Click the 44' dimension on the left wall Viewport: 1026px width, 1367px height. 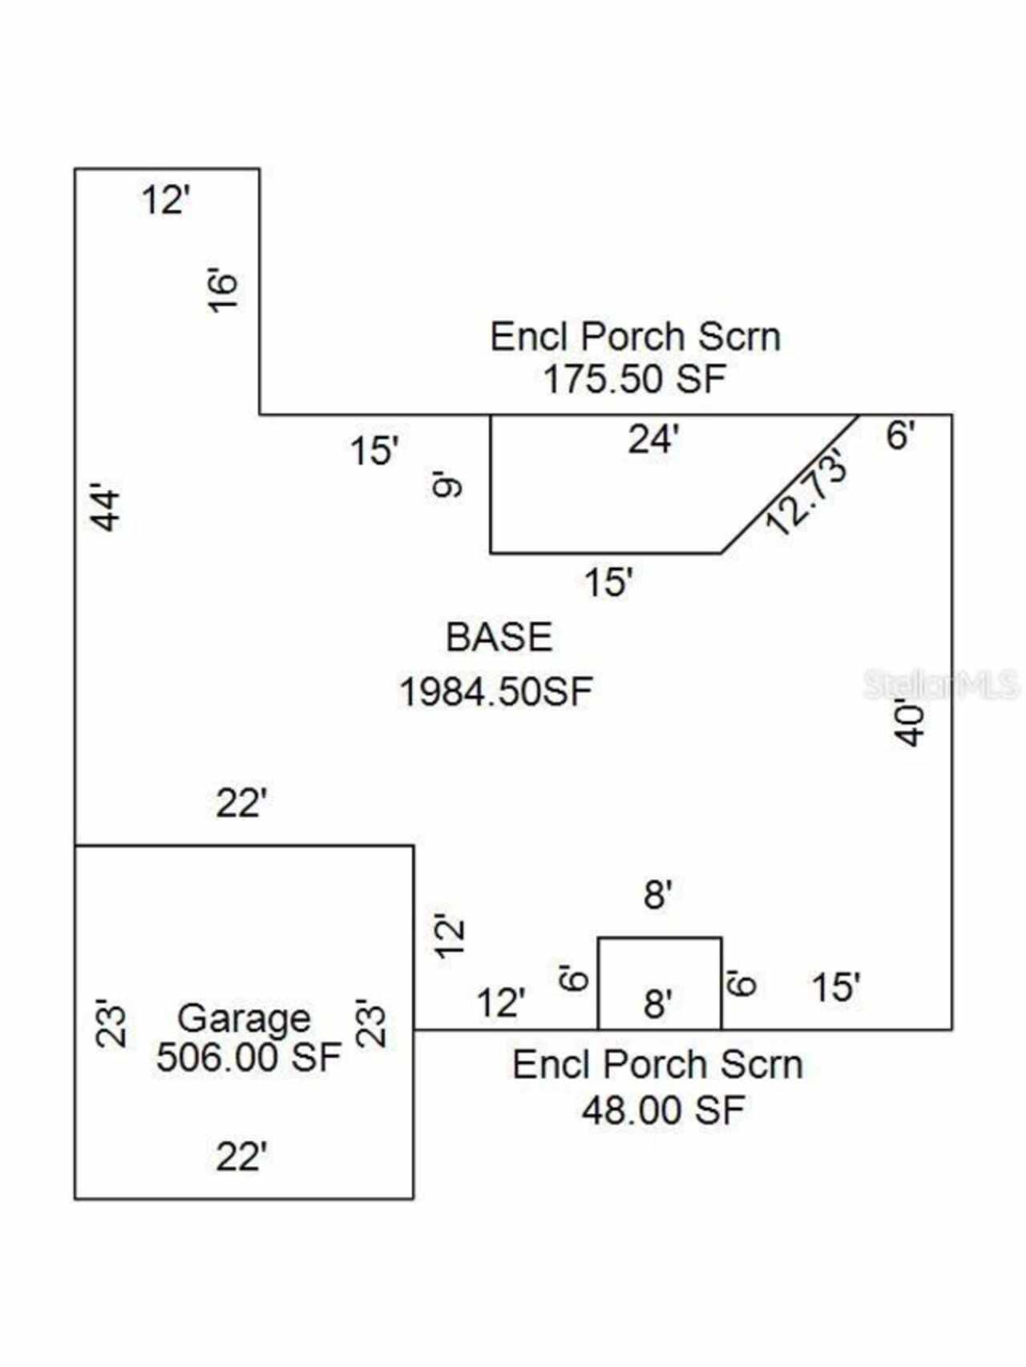pyautogui.click(x=106, y=506)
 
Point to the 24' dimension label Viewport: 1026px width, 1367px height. pyautogui.click(x=653, y=439)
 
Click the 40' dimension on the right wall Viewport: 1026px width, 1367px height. pyautogui.click(x=911, y=724)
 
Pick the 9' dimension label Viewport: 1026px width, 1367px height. pyautogui.click(x=447, y=486)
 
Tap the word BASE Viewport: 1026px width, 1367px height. pyautogui.click(x=499, y=637)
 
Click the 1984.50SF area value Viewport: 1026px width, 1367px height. pyautogui.click(x=496, y=692)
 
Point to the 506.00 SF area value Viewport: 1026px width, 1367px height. pyautogui.click(x=248, y=1057)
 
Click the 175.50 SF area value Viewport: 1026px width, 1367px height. pyautogui.click(x=634, y=379)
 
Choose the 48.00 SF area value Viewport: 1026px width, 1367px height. pyautogui.click(x=663, y=1110)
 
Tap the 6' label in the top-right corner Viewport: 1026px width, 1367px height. pyautogui.click(x=900, y=436)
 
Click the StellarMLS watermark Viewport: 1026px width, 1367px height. pyautogui.click(x=941, y=685)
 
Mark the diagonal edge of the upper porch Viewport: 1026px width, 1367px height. pyautogui.click(x=791, y=484)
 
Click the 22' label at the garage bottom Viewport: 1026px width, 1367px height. pyautogui.click(x=241, y=1157)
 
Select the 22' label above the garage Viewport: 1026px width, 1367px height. pyautogui.click(x=241, y=804)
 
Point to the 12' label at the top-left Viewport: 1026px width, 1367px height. pyautogui.click(x=166, y=200)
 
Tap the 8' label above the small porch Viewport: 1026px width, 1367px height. pyautogui.click(x=657, y=894)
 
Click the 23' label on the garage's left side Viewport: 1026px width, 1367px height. pyautogui.click(x=111, y=1022)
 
